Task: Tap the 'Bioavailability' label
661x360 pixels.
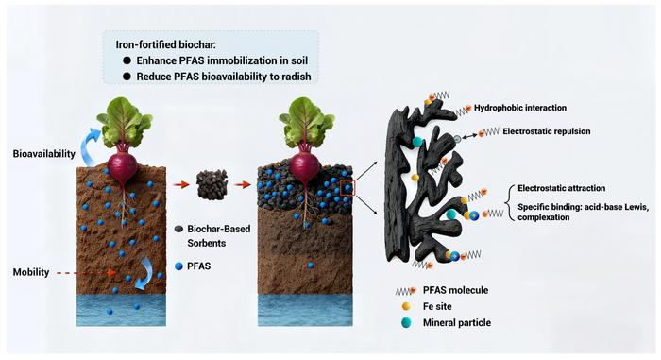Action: pos(43,153)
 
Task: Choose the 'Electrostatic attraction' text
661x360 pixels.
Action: pos(560,188)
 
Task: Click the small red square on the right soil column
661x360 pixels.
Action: pos(347,185)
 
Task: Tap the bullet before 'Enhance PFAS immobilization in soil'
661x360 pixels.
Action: pos(126,60)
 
